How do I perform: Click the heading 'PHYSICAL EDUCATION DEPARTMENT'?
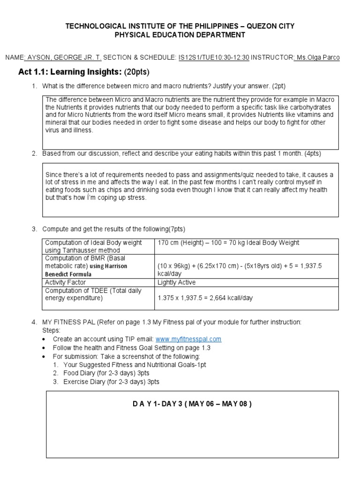point(180,35)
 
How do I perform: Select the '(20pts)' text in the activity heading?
point(136,72)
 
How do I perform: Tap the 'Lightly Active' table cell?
point(177,283)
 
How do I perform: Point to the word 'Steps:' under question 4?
point(51,330)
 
